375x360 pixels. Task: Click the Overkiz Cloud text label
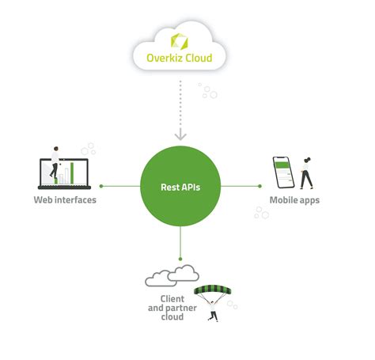coord(179,57)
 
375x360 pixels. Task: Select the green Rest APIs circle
coord(180,187)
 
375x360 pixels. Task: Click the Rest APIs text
coord(180,188)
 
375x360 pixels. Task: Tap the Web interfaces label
coord(65,200)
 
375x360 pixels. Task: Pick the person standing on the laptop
coord(55,161)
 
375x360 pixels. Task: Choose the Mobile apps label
coord(294,200)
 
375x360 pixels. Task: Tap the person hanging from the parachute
coord(212,314)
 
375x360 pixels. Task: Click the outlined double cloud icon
coord(172,275)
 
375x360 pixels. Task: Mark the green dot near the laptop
coord(101,188)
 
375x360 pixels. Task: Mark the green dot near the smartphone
coord(260,188)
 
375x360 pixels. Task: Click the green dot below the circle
coord(180,260)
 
